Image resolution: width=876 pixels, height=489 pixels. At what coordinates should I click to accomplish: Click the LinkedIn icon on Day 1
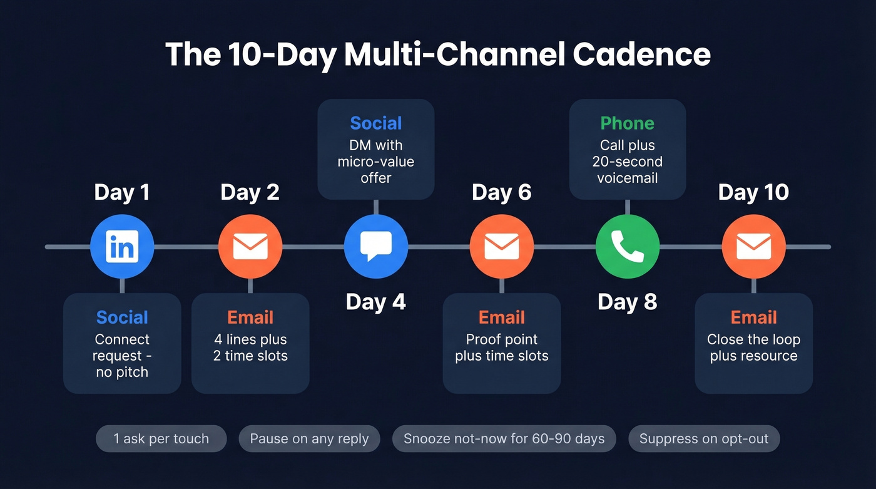click(122, 247)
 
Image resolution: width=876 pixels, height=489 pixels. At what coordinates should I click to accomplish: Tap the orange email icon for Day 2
click(250, 247)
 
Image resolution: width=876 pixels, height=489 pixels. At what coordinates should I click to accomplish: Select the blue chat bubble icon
click(376, 247)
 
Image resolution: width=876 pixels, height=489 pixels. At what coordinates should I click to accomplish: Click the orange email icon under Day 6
click(502, 247)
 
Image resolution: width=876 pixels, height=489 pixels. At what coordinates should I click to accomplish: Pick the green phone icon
click(628, 247)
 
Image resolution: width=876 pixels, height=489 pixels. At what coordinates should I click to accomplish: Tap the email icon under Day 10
click(753, 247)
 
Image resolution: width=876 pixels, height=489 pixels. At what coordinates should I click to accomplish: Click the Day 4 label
click(376, 302)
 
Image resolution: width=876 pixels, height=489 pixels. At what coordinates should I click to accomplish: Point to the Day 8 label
click(628, 302)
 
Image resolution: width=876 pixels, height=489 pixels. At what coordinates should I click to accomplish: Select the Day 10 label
click(753, 192)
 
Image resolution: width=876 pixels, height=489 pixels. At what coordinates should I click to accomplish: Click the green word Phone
click(628, 123)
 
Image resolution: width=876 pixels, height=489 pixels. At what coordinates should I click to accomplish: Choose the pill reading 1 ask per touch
click(161, 439)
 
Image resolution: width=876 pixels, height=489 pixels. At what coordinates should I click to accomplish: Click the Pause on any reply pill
click(309, 439)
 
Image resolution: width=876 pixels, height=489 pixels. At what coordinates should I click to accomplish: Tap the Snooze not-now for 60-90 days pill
click(504, 439)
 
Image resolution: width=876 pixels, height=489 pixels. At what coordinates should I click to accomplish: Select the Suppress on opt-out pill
click(704, 439)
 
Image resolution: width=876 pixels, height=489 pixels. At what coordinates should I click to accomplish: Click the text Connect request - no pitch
click(122, 356)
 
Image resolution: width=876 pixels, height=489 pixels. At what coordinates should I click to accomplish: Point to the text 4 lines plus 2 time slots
click(250, 347)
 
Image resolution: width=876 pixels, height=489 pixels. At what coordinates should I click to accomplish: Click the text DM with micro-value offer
click(376, 162)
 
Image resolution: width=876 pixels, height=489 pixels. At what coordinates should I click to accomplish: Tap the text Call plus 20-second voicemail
click(628, 162)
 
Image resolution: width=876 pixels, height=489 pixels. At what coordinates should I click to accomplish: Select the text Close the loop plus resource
click(753, 347)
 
